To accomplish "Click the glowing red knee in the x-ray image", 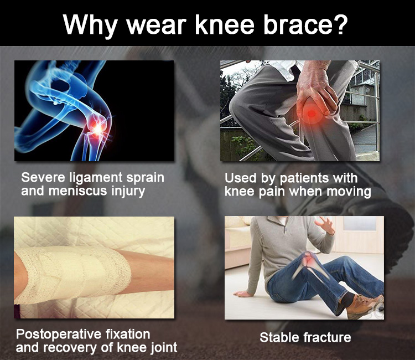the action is [x=97, y=128].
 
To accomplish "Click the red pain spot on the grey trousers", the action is [x=312, y=113].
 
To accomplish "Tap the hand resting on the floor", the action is [x=243, y=294].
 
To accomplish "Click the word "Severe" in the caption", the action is [x=43, y=177].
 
